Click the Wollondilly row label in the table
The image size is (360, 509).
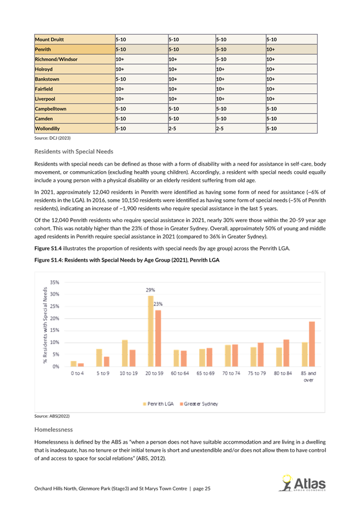coord(47,128)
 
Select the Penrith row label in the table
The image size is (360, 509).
coord(43,49)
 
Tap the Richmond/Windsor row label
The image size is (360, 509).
coord(56,59)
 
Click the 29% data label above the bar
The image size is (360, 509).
coord(150,290)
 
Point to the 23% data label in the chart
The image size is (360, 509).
coord(158,304)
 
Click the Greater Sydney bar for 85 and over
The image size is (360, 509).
coord(312,344)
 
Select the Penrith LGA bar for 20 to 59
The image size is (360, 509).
coord(151,331)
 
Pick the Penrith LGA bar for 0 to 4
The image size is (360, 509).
coord(74,364)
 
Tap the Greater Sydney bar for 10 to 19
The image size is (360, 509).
coord(133,358)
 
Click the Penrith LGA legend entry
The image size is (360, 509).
coord(159,404)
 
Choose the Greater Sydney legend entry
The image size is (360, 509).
coord(199,404)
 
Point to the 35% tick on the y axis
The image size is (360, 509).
coord(54,282)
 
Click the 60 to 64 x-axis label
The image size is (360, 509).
coord(179,374)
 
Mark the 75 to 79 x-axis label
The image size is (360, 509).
coord(257,374)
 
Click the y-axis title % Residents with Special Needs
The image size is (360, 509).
coord(45,325)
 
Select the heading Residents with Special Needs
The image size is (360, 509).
coord(74,151)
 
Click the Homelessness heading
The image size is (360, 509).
coord(54,429)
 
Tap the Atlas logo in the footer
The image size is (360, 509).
coord(302,484)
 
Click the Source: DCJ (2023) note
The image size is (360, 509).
coord(52,138)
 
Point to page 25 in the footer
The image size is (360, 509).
coord(202,489)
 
